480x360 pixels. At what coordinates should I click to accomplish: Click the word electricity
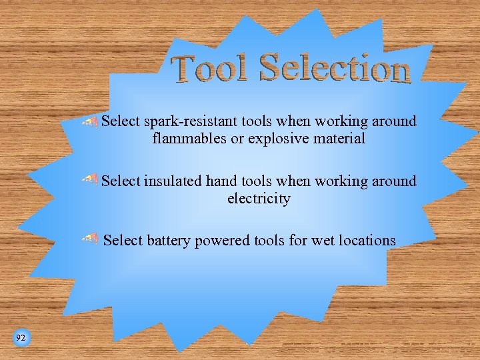pyautogui.click(x=259, y=198)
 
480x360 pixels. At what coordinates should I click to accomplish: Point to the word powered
pyautogui.click(x=222, y=241)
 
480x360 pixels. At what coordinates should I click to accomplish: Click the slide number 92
pyautogui.click(x=21, y=339)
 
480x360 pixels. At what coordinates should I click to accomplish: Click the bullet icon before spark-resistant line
pyautogui.click(x=90, y=121)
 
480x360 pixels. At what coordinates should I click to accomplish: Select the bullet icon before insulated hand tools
pyautogui.click(x=90, y=179)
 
